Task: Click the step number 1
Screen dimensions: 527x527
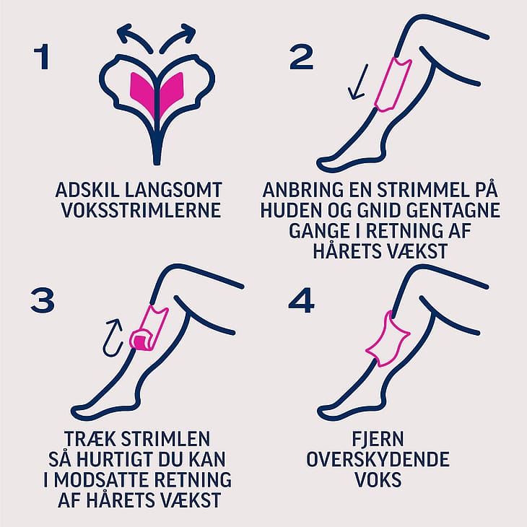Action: (43, 58)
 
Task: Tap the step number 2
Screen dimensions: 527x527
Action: (302, 57)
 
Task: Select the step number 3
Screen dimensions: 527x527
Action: (43, 301)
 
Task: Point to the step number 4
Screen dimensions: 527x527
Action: (302, 301)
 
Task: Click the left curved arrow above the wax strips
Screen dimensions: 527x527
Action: (133, 36)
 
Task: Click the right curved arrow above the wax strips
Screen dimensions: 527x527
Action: (179, 36)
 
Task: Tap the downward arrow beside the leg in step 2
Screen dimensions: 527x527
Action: (358, 82)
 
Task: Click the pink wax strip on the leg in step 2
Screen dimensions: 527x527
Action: (393, 84)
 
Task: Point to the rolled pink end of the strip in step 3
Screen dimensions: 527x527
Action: (141, 341)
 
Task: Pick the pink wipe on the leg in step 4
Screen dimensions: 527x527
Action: (388, 340)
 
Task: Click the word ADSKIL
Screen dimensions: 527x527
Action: (87, 191)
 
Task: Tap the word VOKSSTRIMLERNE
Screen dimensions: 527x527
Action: (141, 210)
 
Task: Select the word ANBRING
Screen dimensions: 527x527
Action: (302, 190)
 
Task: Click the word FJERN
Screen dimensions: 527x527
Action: (378, 439)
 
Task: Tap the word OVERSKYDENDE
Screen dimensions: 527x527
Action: (378, 459)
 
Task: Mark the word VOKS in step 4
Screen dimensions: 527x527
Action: (378, 479)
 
